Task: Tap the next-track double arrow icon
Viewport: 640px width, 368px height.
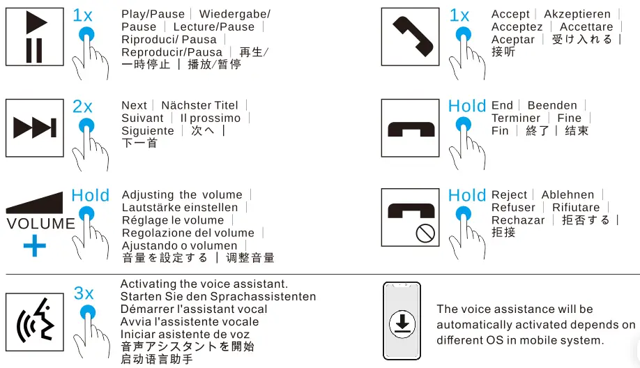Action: coord(35,128)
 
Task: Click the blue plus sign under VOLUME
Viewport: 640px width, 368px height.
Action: coord(35,245)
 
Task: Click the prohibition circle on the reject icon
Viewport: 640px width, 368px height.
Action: coord(425,233)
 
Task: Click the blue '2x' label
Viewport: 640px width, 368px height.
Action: coord(82,107)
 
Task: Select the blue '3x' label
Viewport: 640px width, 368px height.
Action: coord(84,293)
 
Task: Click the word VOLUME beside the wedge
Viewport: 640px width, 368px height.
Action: coord(40,224)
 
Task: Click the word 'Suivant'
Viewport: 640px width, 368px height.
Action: coord(142,118)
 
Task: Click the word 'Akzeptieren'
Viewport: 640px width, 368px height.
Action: coord(577,15)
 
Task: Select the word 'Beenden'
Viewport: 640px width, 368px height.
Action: coord(552,106)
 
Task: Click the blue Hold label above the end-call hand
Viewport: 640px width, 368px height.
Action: coord(466,106)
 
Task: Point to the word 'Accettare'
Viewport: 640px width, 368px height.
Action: coord(586,27)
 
